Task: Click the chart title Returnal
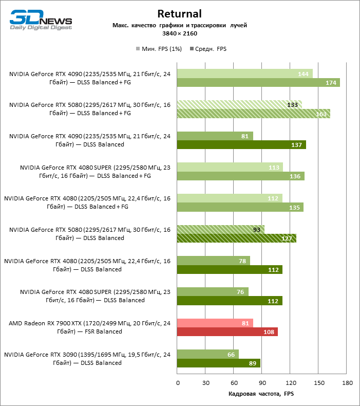pos(180,14)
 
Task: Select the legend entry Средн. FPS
pos(208,49)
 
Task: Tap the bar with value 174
pos(258,83)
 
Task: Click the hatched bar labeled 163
pos(253,114)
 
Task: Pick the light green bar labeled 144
pos(244,74)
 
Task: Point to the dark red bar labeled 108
pos(227,331)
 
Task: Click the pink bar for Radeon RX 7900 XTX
pos(215,323)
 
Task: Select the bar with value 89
pos(218,363)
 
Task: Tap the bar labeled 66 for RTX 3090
pos(207,354)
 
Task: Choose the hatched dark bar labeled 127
pos(236,238)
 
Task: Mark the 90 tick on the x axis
pos(262,383)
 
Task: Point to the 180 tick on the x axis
pos(347,383)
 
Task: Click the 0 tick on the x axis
pos(177,383)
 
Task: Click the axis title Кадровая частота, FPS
pos(261,394)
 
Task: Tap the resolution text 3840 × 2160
pos(180,33)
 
